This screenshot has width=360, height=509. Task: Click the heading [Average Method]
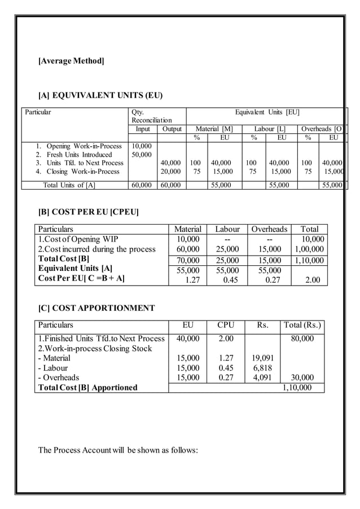coord(71,60)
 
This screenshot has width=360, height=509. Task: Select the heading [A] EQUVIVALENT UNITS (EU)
coord(100,95)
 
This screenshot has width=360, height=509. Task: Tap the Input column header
coord(142,129)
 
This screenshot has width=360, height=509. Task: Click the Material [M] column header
coord(214,129)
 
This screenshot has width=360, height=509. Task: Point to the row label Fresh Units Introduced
coord(79,155)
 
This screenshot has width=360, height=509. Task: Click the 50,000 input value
coord(142,155)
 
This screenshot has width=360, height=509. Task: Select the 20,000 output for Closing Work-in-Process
coord(170,172)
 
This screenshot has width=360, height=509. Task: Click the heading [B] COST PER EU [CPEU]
coord(89,212)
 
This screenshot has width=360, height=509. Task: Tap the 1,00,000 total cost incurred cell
coord(310,249)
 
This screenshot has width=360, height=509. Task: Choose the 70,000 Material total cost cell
coord(188,260)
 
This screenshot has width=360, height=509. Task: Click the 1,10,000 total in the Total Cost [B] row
coord(310,260)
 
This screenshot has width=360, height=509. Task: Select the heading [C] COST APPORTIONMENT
coord(96,308)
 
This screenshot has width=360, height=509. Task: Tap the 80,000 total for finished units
coord(302,339)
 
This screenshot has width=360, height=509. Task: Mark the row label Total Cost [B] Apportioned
coord(87,388)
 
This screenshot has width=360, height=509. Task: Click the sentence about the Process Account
coord(118,450)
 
